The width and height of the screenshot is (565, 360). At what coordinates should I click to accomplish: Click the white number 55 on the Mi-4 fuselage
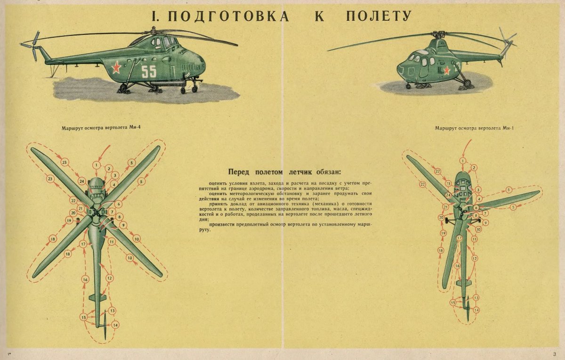point(148,71)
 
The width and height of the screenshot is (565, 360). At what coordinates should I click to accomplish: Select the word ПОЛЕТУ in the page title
point(379,16)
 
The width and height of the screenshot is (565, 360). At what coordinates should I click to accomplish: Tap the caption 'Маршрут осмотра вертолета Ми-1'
point(474,128)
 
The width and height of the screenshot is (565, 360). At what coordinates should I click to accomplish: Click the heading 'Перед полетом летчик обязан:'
point(284,172)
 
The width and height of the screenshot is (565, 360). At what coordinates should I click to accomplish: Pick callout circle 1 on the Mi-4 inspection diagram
point(96,165)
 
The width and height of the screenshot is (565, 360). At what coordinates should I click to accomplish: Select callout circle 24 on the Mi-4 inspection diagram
point(82,181)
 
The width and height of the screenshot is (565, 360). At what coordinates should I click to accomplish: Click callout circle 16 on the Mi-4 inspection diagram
point(85,280)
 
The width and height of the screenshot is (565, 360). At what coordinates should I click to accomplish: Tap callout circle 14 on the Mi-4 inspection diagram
point(115,325)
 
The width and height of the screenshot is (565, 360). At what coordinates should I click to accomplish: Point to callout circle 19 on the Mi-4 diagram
point(69,220)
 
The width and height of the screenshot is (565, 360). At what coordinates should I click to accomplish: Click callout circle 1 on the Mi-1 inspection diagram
point(463,161)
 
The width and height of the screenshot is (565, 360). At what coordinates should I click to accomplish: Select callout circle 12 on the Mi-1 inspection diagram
point(475,258)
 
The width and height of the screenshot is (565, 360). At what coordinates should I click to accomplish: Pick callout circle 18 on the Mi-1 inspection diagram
point(441,251)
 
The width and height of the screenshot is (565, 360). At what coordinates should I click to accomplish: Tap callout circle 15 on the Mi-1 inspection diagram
point(453,303)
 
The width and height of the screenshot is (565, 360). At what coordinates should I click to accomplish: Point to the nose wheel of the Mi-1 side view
point(408,86)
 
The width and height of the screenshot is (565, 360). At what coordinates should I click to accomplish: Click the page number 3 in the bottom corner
point(555,354)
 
